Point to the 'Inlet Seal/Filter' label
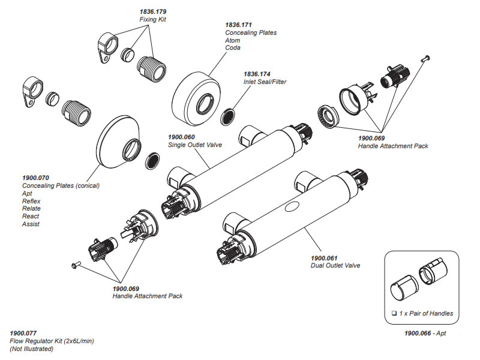265,82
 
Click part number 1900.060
184,137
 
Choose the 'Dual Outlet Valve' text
335,265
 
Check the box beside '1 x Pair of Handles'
394,314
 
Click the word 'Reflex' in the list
31,201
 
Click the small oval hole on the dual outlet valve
293,206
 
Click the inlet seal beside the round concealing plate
229,116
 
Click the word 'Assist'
31,224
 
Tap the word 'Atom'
233,40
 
